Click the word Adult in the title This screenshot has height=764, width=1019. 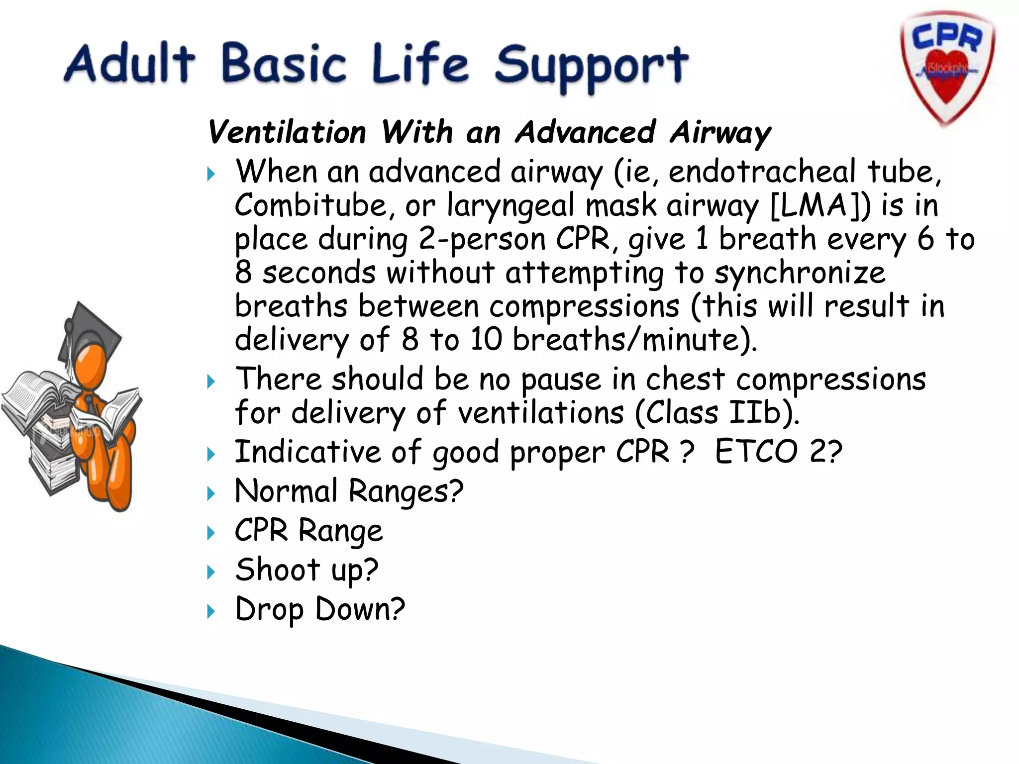[130, 63]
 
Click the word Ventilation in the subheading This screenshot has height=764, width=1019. [287, 133]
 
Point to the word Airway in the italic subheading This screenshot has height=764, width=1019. [720, 133]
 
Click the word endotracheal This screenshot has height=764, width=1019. [762, 172]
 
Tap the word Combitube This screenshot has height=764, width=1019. [310, 205]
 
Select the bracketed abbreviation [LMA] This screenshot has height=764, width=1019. [820, 205]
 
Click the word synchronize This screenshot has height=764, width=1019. [800, 273]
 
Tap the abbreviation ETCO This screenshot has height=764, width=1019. [756, 452]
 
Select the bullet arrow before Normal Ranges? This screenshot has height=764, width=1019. [211, 493]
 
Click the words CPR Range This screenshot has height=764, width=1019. [308, 530]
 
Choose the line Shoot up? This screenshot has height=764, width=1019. [306, 570]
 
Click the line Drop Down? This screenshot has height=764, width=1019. [320, 609]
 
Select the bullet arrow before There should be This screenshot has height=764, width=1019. [211, 382]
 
